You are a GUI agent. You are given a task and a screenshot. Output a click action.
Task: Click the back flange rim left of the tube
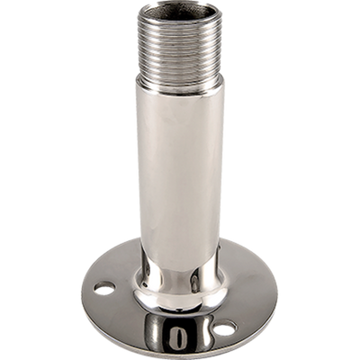(112, 267)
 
